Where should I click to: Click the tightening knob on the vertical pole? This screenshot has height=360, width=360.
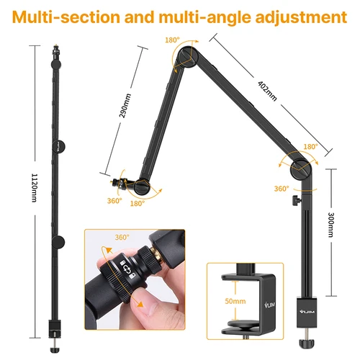coord(294,199)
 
